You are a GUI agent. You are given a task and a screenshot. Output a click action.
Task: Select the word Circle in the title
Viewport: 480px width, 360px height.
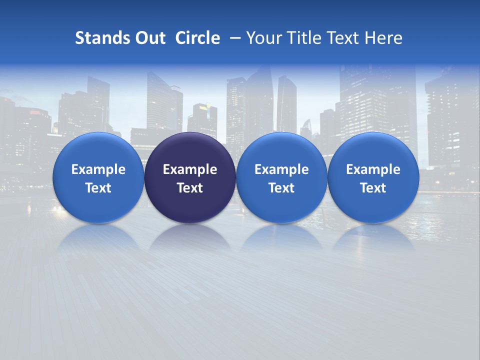tap(197, 38)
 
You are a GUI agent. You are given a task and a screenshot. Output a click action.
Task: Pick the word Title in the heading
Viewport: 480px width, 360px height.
tap(301, 38)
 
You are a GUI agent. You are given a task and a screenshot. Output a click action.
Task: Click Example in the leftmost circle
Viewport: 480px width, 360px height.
tap(98, 169)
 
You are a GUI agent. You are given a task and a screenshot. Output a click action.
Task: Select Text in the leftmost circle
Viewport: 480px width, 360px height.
tap(98, 188)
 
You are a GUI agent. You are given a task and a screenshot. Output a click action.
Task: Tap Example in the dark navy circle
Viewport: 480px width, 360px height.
tap(190, 169)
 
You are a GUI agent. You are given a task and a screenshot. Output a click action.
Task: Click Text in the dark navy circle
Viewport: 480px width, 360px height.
tap(190, 188)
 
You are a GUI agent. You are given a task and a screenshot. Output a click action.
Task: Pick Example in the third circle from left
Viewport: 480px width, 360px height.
tap(281, 169)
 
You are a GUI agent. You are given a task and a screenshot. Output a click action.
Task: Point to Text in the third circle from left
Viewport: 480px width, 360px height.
tap(281, 188)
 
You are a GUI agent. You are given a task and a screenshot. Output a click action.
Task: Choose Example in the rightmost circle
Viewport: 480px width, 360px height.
tap(373, 169)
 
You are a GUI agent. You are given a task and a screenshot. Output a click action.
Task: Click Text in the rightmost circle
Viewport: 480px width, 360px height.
tap(373, 188)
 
